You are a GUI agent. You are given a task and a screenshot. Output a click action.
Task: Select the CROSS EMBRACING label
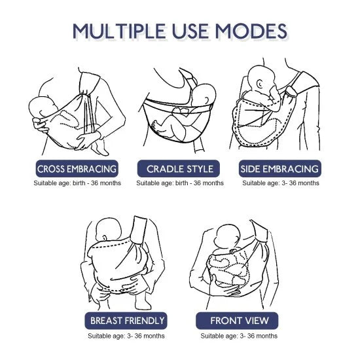click(x=77, y=169)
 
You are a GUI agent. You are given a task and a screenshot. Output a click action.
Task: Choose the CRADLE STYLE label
click(x=179, y=169)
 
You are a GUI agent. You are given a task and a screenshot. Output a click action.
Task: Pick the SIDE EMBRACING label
click(x=280, y=169)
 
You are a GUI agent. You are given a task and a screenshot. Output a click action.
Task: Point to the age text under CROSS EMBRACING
click(x=77, y=183)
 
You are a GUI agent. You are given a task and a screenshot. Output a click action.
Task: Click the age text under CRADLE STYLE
click(x=179, y=183)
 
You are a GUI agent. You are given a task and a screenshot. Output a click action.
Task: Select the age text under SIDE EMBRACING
click(x=281, y=183)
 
